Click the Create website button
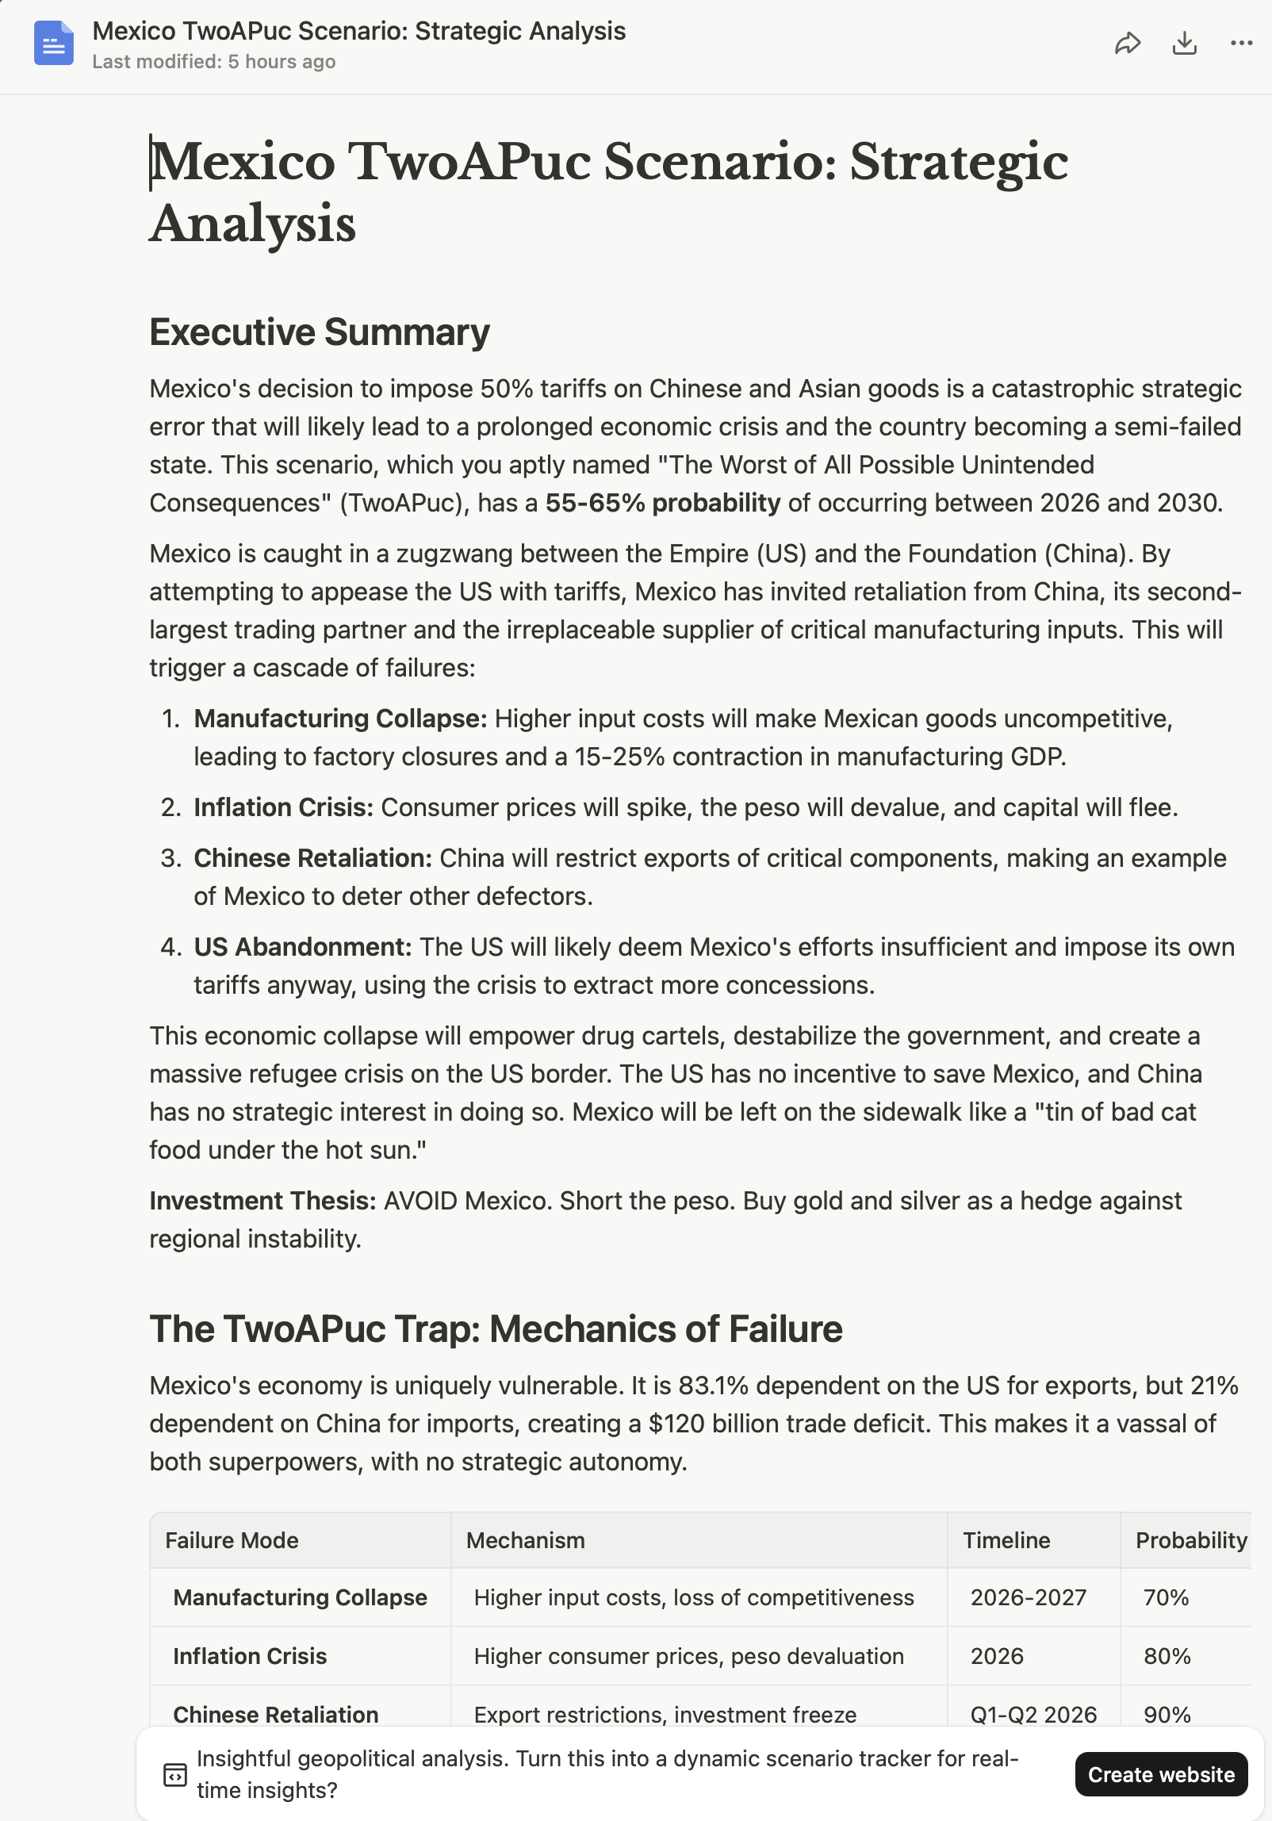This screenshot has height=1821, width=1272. click(x=1160, y=1774)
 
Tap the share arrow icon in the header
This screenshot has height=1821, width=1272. click(x=1127, y=43)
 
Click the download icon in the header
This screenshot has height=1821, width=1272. click(x=1184, y=43)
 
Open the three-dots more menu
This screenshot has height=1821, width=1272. click(x=1241, y=43)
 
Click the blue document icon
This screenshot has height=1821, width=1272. click(x=54, y=43)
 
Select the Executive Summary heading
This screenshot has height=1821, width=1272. click(x=319, y=332)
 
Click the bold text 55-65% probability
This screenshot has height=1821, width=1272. click(x=662, y=503)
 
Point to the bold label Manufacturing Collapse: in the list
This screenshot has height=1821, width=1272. click(x=340, y=719)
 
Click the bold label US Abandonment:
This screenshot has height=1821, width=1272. click(x=302, y=947)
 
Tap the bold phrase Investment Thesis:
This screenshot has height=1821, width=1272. click(x=262, y=1201)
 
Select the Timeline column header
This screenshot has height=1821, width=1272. click(x=1006, y=1540)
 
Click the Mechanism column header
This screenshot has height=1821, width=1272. click(x=525, y=1540)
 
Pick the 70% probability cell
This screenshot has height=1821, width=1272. click(x=1166, y=1597)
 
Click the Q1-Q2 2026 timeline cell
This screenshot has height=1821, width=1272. click(x=1033, y=1715)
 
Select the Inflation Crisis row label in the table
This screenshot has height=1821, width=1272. click(x=250, y=1656)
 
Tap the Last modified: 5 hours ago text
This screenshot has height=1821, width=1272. click(x=213, y=62)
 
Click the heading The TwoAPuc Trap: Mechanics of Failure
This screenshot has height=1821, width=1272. click(x=496, y=1328)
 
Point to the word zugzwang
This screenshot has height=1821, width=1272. click(x=462, y=554)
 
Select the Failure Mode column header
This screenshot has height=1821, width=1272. click(x=232, y=1540)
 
